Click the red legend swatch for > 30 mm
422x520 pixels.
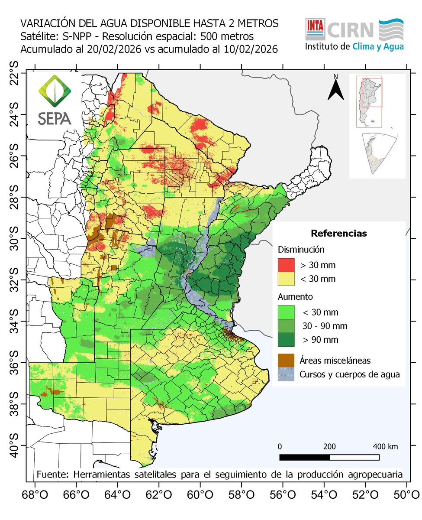[286, 264]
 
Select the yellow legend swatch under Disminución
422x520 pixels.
[286, 278]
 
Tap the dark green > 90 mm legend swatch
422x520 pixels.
[286, 339]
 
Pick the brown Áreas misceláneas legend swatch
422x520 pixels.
[286, 360]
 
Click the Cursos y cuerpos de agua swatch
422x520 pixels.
[286, 374]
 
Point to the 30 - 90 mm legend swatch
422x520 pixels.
[286, 325]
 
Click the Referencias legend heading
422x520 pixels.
[338, 234]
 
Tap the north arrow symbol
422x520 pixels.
[335, 88]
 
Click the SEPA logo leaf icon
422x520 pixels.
[55, 91]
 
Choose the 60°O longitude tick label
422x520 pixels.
[200, 494]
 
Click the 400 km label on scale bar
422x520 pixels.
[386, 446]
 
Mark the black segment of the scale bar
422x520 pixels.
[304, 457]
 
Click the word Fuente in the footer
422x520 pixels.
[51, 474]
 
